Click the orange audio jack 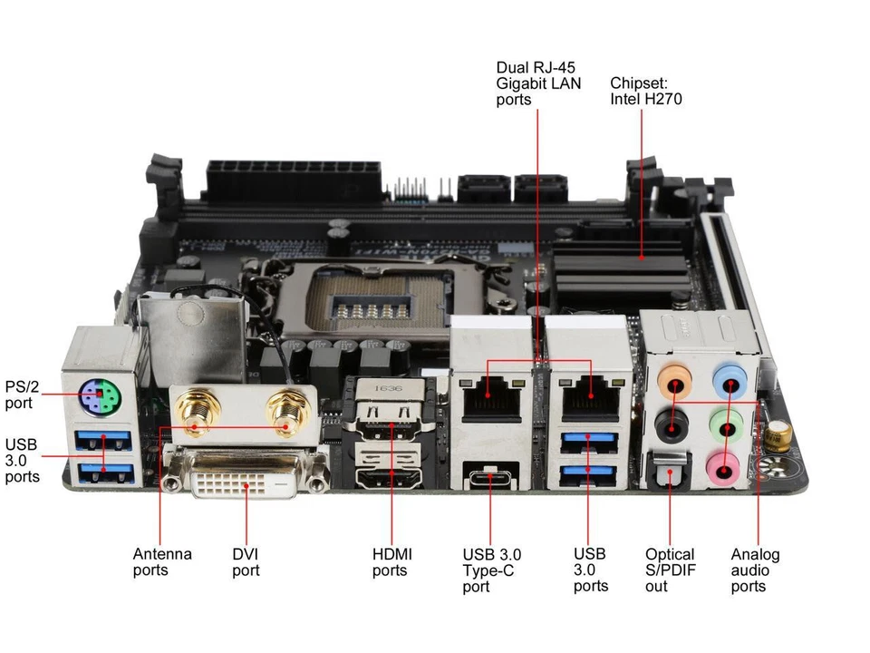674,382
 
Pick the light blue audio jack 730,380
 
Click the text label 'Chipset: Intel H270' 645,90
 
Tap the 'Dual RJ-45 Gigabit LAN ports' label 537,83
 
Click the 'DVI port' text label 246,562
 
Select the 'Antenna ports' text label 162,562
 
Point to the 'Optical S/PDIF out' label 670,570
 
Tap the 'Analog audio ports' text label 755,570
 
